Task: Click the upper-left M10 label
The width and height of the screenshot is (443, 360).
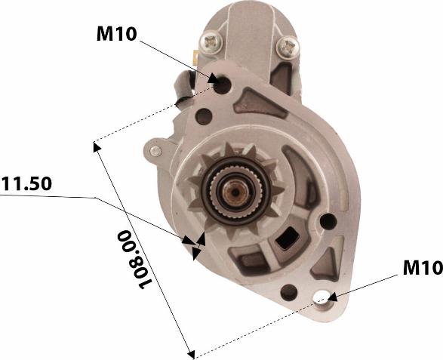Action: [x=117, y=34]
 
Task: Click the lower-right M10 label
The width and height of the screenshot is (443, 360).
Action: [x=423, y=267]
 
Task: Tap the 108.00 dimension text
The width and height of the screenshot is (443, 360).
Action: [x=134, y=260]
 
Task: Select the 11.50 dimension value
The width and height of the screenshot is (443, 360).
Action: [x=26, y=183]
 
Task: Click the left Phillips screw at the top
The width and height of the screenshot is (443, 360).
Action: [x=211, y=43]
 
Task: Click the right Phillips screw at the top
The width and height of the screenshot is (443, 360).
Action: [x=288, y=46]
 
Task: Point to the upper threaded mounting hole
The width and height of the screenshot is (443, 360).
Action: [x=223, y=85]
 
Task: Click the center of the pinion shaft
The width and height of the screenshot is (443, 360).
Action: [x=235, y=192]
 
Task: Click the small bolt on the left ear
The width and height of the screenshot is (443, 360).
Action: [x=155, y=151]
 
